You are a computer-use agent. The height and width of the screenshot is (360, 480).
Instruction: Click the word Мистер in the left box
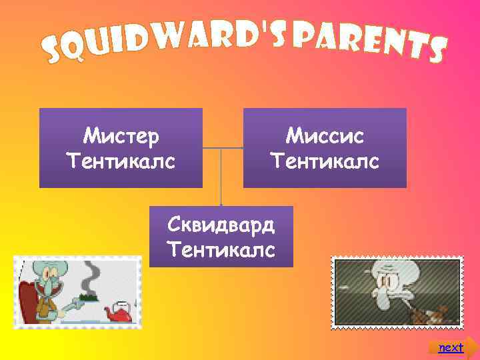(x=121, y=137)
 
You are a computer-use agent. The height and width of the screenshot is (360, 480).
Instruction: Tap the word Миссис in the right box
(x=325, y=137)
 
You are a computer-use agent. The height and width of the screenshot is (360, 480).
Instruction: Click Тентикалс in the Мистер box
(x=121, y=161)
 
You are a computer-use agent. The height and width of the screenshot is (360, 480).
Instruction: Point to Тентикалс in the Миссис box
(x=325, y=161)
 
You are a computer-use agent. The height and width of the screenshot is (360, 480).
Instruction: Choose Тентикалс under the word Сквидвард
(x=221, y=250)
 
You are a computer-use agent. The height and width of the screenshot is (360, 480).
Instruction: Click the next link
(x=451, y=347)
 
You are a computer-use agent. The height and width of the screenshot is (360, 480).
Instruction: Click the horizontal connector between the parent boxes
(x=223, y=147)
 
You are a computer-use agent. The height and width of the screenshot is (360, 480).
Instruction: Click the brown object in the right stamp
(x=427, y=311)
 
